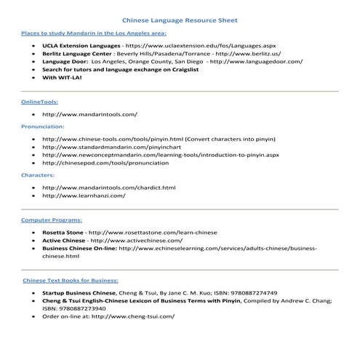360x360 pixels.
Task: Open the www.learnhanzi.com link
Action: point(84,196)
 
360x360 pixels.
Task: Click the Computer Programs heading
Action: point(52,219)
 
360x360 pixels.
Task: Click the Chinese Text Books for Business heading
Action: point(70,280)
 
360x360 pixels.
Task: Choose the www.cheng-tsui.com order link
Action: point(132,317)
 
